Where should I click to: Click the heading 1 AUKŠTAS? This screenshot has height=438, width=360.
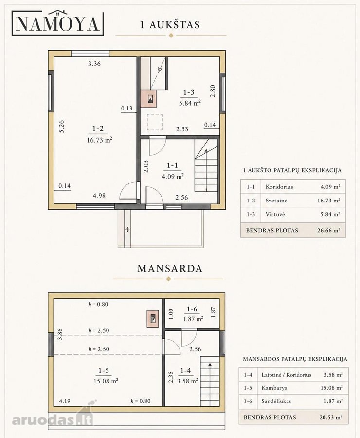pos(170,25)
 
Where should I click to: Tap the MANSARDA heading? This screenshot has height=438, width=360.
pos(170,269)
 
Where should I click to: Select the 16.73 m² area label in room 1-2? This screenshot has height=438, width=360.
pos(99,140)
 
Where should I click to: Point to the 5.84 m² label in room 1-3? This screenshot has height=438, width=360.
pos(190,103)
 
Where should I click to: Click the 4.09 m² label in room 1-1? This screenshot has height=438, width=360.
pos(173,177)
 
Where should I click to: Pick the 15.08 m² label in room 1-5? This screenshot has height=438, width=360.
pos(106,381)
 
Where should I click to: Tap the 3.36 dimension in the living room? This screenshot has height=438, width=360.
pos(94,64)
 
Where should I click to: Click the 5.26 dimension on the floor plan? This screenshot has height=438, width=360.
pos(62,126)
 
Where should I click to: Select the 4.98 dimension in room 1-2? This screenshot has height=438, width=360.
pos(99,196)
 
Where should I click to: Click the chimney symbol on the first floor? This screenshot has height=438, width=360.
pos(150,99)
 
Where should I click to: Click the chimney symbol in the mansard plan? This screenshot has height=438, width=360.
pos(153,319)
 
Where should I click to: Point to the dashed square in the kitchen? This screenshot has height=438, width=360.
pos(155,122)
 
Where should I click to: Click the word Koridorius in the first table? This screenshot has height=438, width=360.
pos(279,187)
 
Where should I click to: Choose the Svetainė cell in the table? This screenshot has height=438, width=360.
pos(276,201)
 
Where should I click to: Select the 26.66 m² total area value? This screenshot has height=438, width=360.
pos(329,231)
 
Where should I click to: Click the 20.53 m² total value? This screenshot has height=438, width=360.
pos(331,417)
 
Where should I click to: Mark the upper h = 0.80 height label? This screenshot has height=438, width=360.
pos(98,304)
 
